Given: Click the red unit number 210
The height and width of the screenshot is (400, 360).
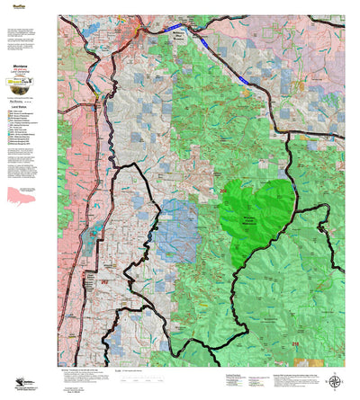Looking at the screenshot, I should point(295,343).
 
